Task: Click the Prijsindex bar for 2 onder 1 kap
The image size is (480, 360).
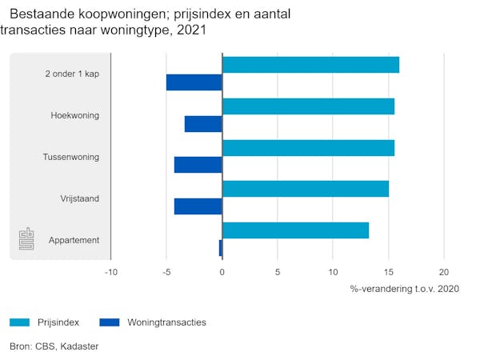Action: [x=310, y=65]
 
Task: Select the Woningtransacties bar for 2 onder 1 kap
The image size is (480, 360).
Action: [x=194, y=82]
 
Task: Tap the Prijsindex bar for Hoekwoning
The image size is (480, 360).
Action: [x=308, y=106]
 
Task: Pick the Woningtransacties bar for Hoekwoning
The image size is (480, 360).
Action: [x=203, y=124]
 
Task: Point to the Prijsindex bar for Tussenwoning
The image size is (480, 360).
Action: [x=308, y=148]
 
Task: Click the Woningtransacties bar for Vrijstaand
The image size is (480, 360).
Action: [x=198, y=206]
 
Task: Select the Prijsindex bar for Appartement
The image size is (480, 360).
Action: [x=295, y=230]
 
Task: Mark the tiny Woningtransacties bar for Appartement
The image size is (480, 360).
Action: [x=220, y=248]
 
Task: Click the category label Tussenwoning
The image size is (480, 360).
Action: [x=71, y=157]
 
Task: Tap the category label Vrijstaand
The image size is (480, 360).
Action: [x=79, y=198]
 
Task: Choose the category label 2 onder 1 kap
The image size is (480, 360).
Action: [x=73, y=74]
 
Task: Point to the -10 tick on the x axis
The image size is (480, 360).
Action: [x=111, y=272]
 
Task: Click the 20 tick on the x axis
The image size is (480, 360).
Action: [x=445, y=272]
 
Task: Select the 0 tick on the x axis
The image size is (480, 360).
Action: [x=222, y=272]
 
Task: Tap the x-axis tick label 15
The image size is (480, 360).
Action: [x=389, y=272]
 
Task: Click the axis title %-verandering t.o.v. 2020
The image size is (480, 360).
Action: [x=405, y=288]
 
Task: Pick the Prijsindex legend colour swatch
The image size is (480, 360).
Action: [x=19, y=322]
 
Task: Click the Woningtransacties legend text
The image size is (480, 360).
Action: [x=166, y=322]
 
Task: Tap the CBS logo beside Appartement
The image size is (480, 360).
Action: [x=26, y=239]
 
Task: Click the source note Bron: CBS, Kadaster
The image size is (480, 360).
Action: [x=54, y=346]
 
